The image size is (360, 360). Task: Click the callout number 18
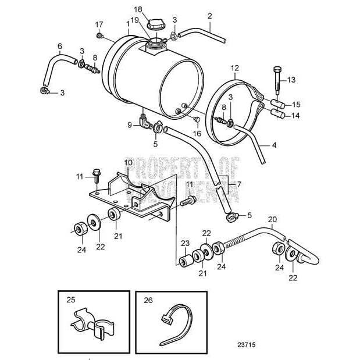[x=138, y=9]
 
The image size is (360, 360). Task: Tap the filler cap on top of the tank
[x=156, y=24]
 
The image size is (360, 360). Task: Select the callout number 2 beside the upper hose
[x=209, y=16]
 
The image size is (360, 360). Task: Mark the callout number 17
[x=99, y=24]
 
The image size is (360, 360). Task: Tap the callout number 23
[x=185, y=243]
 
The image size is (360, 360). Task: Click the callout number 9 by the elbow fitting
[x=130, y=124]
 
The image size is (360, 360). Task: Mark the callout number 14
[x=297, y=116]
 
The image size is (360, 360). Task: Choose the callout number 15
[x=297, y=105]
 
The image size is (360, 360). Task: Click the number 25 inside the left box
[x=71, y=300]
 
